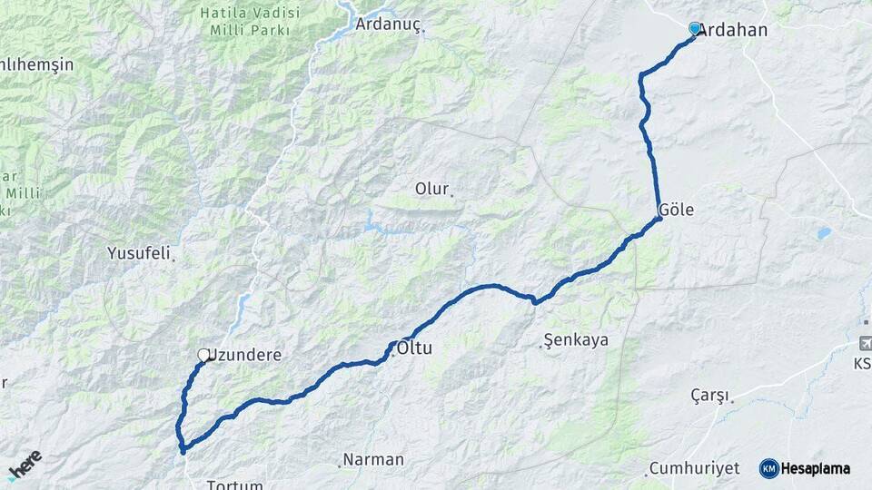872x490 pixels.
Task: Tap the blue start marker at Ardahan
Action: click(x=695, y=29)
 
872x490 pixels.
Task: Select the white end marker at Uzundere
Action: click(x=204, y=355)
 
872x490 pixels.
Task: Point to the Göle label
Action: click(x=677, y=210)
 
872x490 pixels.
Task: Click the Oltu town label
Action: click(x=415, y=348)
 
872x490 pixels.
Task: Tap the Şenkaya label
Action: click(x=576, y=340)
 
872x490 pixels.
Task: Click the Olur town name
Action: click(x=431, y=190)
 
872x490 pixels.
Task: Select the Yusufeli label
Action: click(x=139, y=253)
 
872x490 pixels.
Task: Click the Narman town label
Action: click(x=373, y=459)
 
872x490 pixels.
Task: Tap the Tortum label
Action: click(x=234, y=485)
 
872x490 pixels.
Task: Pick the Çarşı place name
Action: click(x=709, y=396)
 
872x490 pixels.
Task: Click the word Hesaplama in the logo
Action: click(x=815, y=468)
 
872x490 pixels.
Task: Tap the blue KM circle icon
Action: click(x=768, y=468)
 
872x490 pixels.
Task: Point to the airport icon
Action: click(x=864, y=342)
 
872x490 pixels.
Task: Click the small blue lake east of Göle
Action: click(x=823, y=232)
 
